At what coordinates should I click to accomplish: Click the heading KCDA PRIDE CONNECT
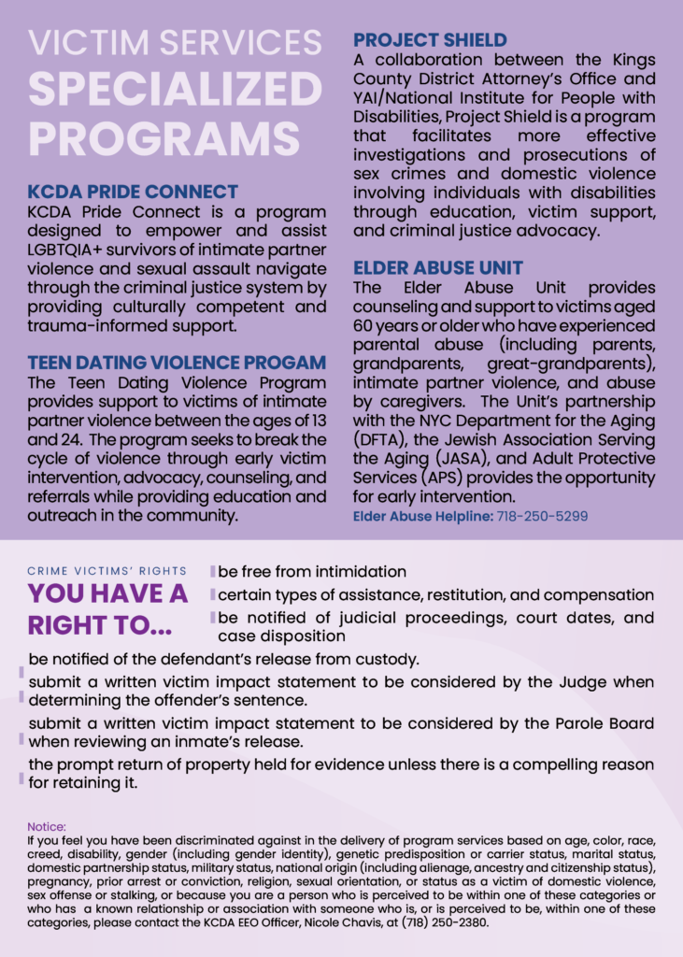click(x=133, y=193)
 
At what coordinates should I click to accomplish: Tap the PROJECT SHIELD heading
click(x=430, y=40)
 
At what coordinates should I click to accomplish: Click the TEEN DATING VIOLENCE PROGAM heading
click(x=177, y=363)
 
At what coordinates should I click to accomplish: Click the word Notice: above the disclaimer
click(x=47, y=827)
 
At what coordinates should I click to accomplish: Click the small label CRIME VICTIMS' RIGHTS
click(x=107, y=571)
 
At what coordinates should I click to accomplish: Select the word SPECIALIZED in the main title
click(x=175, y=89)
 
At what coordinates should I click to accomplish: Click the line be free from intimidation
click(x=312, y=571)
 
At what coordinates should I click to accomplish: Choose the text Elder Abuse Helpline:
click(x=420, y=516)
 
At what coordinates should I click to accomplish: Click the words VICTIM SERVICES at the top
click(x=175, y=42)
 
